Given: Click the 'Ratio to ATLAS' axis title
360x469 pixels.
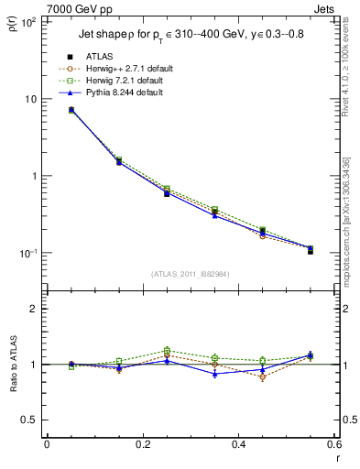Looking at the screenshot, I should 13,366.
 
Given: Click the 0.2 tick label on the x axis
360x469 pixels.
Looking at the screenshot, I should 142,444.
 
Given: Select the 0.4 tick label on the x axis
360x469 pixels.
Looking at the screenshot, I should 238,444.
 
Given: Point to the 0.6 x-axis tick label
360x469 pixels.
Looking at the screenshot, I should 333,444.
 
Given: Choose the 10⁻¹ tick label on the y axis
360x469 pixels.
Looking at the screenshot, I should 27,254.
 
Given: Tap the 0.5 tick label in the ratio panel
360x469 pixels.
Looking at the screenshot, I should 31,420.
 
